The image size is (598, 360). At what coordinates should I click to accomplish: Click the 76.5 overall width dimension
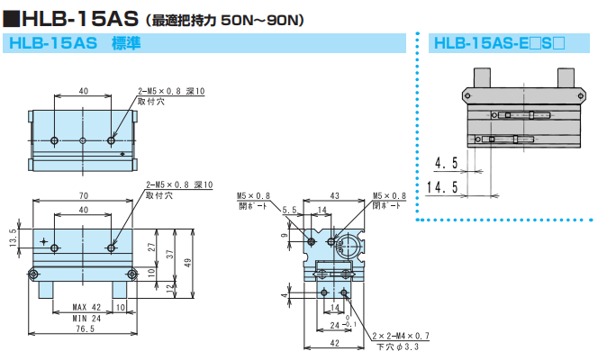point(83,329)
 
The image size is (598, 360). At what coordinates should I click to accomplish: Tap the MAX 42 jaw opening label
point(86,307)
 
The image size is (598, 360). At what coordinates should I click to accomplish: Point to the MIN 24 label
point(86,319)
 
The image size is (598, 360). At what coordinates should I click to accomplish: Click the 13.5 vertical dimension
point(14,242)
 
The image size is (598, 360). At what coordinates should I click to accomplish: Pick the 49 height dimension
point(187,263)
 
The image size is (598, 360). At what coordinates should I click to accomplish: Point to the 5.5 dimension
point(290,210)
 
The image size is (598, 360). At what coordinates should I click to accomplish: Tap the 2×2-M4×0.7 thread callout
point(402,336)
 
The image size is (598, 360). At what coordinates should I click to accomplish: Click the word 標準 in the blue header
point(124,42)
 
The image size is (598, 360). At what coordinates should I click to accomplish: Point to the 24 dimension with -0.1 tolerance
point(336,324)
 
